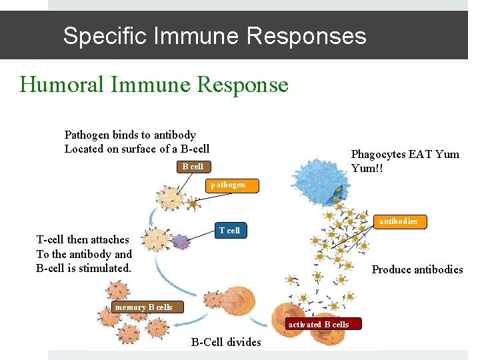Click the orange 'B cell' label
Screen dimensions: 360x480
[x=193, y=166]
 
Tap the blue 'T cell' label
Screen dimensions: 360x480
[x=229, y=231]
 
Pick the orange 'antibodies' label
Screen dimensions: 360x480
[x=398, y=221]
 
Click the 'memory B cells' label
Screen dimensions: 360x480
[x=143, y=307]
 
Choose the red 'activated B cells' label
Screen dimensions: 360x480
[x=318, y=325]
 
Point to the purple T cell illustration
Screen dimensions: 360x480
[x=181, y=241]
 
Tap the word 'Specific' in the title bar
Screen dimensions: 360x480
[x=104, y=35]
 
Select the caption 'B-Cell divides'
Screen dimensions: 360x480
[x=226, y=343]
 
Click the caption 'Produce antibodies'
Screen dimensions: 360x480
[x=417, y=269]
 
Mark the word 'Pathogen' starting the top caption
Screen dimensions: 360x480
[x=87, y=135]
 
